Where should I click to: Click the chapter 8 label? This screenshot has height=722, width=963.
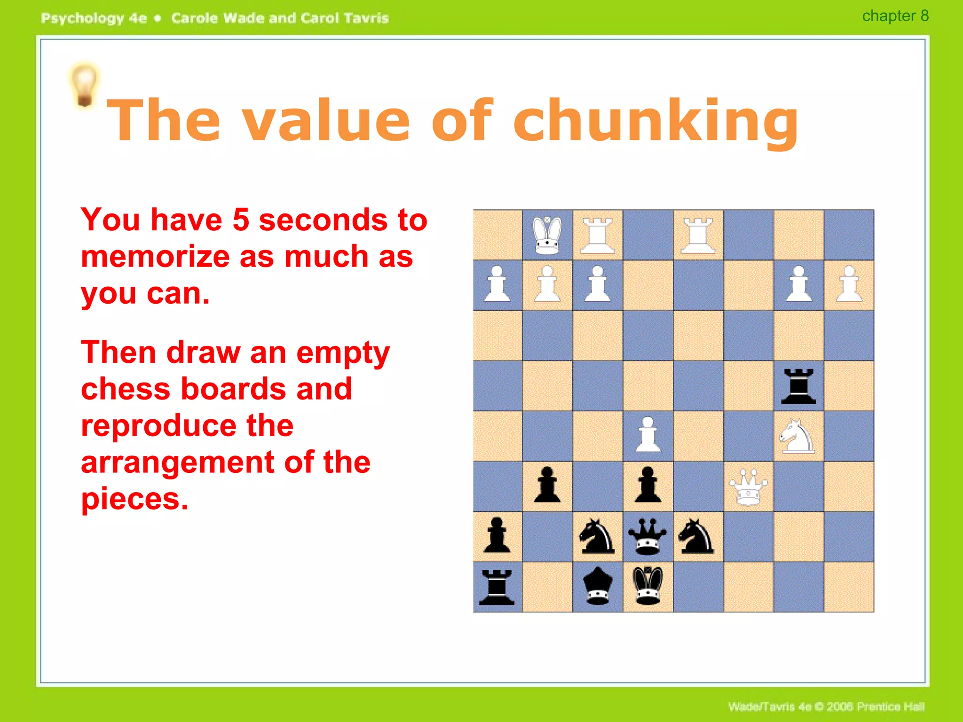click(x=895, y=16)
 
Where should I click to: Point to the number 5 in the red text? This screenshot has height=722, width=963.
click(x=240, y=220)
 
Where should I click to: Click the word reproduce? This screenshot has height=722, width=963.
click(x=187, y=426)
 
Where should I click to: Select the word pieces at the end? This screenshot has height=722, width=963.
click(x=134, y=499)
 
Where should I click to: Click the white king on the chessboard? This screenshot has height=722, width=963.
click(x=547, y=235)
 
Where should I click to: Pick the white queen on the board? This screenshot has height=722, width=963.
click(x=748, y=487)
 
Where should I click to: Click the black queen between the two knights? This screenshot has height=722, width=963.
click(x=647, y=536)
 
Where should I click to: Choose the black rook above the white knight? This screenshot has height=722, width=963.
click(x=798, y=386)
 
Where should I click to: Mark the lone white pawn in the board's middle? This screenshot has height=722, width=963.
click(x=648, y=435)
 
